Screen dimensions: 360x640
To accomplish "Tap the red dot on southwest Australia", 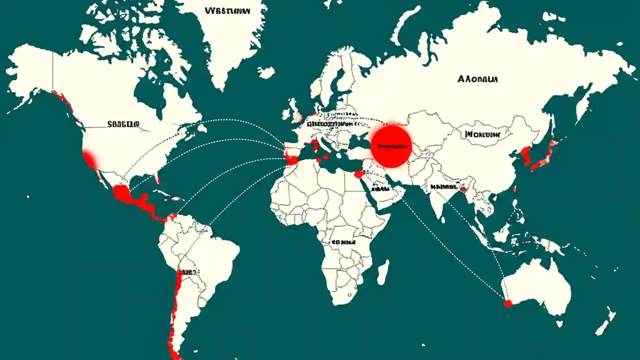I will (508, 303).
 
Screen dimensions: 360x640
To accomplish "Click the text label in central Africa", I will (343, 241).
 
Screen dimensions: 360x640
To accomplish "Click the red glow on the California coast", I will (90, 159).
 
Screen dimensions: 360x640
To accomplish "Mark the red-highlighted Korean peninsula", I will (525, 154).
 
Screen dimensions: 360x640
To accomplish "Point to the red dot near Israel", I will (358, 174).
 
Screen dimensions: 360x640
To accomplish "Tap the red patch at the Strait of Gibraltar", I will (291, 160).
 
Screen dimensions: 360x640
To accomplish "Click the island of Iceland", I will (266, 73).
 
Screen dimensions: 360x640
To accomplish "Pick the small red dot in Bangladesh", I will (463, 189).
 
